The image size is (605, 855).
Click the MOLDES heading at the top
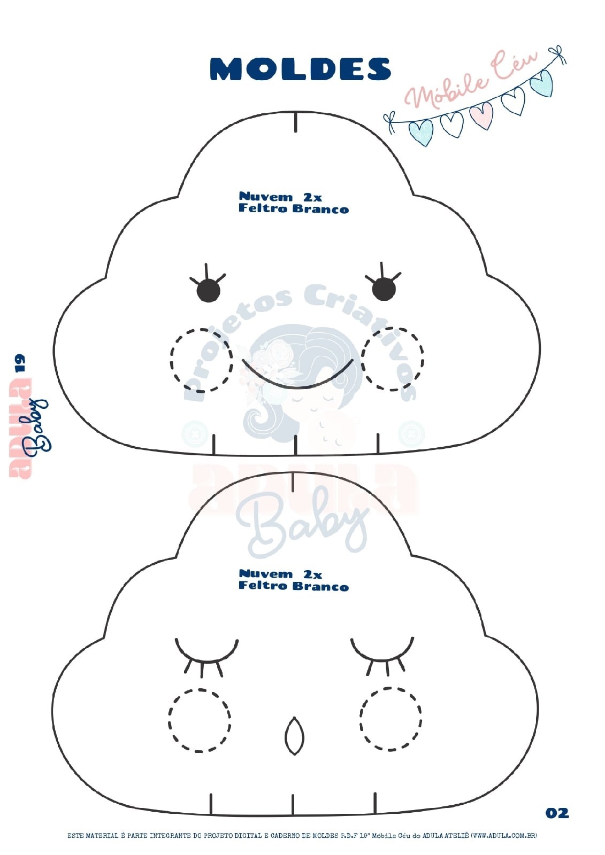[301, 69]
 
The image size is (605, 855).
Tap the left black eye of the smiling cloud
[208, 291]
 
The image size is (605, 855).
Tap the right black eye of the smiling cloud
[384, 290]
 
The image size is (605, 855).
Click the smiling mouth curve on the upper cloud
[297, 378]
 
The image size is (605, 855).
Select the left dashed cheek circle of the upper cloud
[201, 360]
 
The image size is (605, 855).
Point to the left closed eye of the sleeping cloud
[206, 651]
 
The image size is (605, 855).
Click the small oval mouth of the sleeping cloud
[293, 736]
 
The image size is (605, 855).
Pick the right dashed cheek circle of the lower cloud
[390, 719]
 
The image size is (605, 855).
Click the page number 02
[557, 813]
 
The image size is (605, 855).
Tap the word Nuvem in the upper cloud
[266, 197]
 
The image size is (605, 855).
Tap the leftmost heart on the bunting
[420, 132]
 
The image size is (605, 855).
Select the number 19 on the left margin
[20, 363]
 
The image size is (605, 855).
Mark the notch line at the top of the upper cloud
[296, 121]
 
